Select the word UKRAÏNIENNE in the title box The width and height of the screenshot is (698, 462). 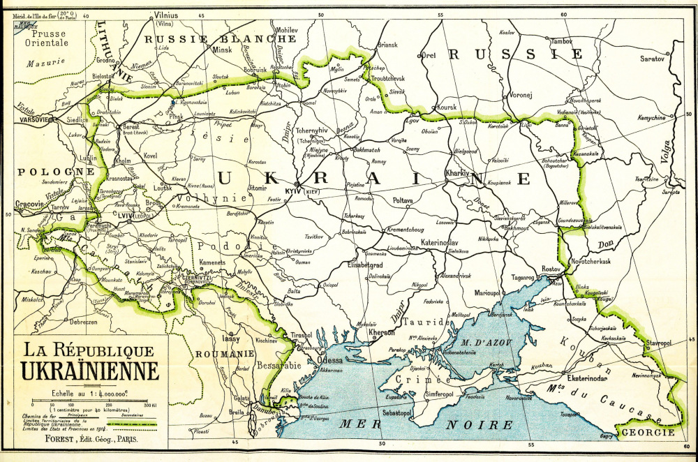[89, 370]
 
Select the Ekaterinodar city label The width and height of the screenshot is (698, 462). [591, 378]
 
